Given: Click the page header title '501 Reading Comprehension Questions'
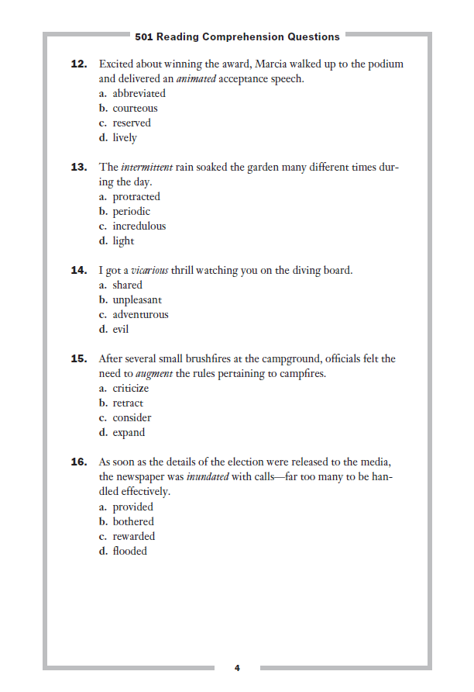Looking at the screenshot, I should point(237,36).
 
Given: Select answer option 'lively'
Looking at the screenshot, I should point(124,138).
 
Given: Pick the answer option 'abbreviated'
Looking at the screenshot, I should point(139,94).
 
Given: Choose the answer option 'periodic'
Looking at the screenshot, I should point(131,212).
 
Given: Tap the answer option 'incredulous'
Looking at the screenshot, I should point(139,227).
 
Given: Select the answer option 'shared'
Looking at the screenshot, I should point(127,285).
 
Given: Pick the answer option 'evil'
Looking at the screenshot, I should point(120,330).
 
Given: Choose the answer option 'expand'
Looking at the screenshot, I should point(129,433).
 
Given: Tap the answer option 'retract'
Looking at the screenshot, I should point(128,403).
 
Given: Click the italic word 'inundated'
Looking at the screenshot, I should point(208,477).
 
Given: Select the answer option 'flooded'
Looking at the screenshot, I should point(129,552).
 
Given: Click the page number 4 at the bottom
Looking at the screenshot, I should point(237,668).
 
